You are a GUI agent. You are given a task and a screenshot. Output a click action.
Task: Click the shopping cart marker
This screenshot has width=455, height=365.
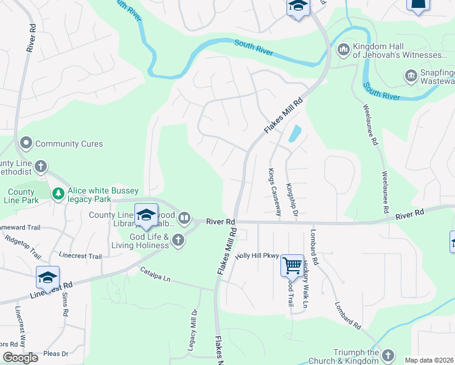(x=293, y=265)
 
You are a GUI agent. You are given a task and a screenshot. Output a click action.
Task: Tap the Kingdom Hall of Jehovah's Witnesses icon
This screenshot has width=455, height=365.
(x=343, y=48)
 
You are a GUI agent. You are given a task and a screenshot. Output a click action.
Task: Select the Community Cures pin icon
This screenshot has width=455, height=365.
(x=26, y=144)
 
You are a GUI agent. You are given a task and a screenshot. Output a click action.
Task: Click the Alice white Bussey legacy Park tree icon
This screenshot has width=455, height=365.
(x=58, y=193)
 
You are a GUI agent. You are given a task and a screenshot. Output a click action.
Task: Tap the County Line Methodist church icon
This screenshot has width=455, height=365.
(x=41, y=165)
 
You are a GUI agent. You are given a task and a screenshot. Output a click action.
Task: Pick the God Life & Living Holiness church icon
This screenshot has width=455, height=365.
(x=178, y=240)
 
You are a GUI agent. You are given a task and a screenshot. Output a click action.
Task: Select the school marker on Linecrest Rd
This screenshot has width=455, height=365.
(x=47, y=277)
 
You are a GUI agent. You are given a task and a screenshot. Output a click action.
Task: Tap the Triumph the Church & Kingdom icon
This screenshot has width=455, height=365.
(x=387, y=355)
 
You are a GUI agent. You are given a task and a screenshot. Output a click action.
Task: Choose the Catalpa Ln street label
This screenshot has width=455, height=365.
(x=155, y=274)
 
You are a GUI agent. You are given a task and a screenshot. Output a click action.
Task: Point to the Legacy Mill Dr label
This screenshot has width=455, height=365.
(x=194, y=335)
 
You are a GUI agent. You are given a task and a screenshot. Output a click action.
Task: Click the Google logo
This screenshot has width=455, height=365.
(x=20, y=357)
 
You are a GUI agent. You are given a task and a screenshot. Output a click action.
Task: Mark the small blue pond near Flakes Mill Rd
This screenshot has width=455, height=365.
(x=295, y=133)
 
